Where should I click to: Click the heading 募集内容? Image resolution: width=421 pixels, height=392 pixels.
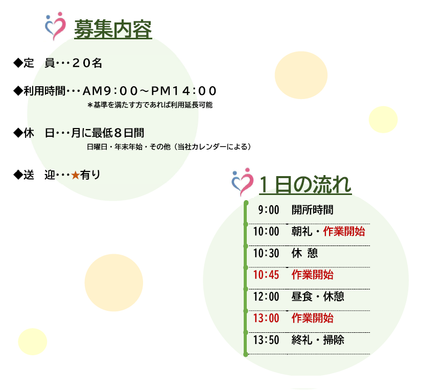[x=113, y=29]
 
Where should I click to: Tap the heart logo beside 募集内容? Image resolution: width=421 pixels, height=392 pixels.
[x=56, y=26]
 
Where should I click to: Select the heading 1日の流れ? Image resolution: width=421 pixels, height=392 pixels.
[x=306, y=185]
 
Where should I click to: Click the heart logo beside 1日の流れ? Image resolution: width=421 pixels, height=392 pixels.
[x=243, y=182]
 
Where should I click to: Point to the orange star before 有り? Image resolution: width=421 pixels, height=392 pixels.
[x=76, y=175]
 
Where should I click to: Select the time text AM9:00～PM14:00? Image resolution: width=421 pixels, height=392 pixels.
[x=149, y=91]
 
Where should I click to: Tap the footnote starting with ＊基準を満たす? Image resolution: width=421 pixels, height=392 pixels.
[x=150, y=105]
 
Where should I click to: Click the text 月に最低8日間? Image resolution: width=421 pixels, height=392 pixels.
[x=108, y=133]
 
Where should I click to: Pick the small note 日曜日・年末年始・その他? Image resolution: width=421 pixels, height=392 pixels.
[x=129, y=147]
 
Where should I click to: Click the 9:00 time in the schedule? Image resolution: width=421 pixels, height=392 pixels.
[x=269, y=210]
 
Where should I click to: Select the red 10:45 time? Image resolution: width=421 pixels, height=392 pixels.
[x=266, y=275]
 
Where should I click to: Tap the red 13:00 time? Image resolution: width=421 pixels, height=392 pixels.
[x=266, y=318]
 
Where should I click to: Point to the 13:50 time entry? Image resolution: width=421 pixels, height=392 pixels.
[x=266, y=340]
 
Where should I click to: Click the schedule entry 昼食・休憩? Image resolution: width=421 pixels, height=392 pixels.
[x=318, y=297]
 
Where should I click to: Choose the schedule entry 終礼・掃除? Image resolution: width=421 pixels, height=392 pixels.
[x=318, y=340]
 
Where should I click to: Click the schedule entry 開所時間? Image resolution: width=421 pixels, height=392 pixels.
[x=313, y=210]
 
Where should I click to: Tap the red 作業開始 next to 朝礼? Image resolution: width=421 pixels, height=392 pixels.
[x=344, y=231]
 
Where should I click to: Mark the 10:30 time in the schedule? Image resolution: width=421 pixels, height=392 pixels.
[x=266, y=253]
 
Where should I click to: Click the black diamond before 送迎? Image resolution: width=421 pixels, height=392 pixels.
[x=18, y=175]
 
